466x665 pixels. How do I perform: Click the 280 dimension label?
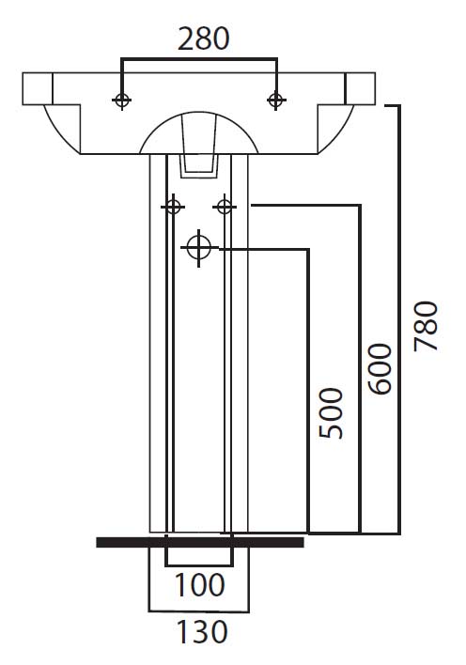203,39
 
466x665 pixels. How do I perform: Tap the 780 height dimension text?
426,326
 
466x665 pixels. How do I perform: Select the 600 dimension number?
380,369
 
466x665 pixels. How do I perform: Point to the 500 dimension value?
331,413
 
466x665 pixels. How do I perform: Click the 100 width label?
199,585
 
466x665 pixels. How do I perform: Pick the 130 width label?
202,632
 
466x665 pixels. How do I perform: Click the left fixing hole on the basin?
122,101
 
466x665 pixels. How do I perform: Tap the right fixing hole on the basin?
276,101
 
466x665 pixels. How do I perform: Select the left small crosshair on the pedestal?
173,207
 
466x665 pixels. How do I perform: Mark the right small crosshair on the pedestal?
225,207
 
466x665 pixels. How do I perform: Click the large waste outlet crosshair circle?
198,247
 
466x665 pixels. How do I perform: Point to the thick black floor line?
200,542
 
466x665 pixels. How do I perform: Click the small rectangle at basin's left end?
38,88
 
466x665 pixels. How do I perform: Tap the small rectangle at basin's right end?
361,88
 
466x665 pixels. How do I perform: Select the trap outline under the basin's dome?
199,166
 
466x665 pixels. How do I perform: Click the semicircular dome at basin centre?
198,113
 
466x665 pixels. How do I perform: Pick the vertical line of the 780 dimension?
398,319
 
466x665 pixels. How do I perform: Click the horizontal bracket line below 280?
199,59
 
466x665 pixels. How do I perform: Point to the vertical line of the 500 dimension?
308,391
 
